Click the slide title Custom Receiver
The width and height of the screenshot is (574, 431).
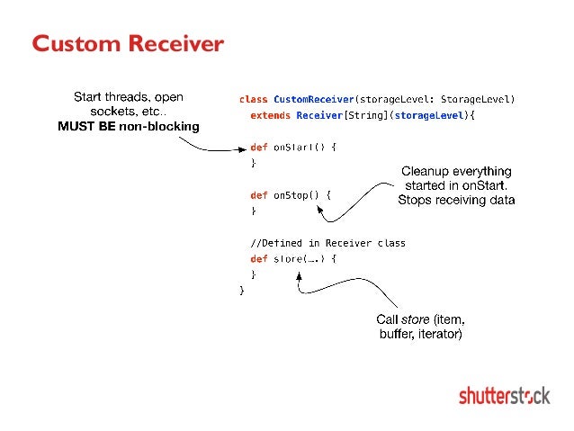pyautogui.click(x=127, y=44)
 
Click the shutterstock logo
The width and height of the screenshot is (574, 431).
pyautogui.click(x=505, y=395)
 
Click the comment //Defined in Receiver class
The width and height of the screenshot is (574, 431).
pyautogui.click(x=327, y=243)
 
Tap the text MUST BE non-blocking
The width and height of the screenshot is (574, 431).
pyautogui.click(x=129, y=127)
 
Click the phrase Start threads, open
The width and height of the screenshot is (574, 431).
pyautogui.click(x=129, y=96)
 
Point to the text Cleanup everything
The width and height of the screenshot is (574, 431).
pyautogui.click(x=456, y=171)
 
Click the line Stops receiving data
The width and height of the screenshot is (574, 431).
pyautogui.click(x=456, y=200)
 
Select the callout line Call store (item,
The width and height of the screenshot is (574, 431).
pyautogui.click(x=420, y=319)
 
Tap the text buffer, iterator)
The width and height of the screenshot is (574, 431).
pyautogui.click(x=420, y=335)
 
